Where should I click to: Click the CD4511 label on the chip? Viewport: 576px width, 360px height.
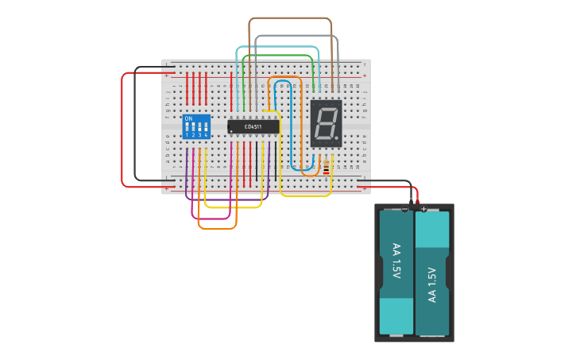[253, 126]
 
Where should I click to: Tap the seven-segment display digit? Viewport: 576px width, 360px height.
[325, 123]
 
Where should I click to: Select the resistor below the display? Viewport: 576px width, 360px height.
[327, 166]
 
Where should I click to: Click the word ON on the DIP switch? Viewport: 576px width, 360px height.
[188, 118]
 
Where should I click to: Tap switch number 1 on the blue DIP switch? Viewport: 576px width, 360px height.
[187, 127]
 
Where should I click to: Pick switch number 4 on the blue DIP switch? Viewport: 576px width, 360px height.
[206, 127]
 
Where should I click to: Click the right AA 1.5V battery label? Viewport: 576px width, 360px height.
[432, 284]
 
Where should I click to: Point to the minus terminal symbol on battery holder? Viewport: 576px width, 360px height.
[405, 209]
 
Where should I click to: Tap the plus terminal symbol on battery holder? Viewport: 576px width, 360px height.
[423, 209]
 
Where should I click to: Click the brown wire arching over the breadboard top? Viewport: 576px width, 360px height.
[290, 18]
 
